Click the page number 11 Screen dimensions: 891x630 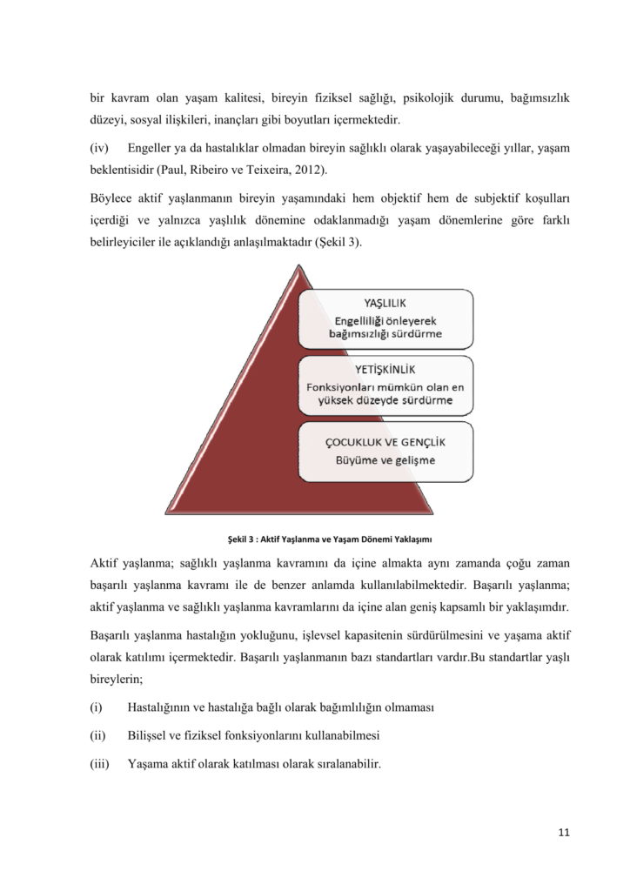tap(564, 832)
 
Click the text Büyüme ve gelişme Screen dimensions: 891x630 tap(385, 459)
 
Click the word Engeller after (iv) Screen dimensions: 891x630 tap(151, 149)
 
